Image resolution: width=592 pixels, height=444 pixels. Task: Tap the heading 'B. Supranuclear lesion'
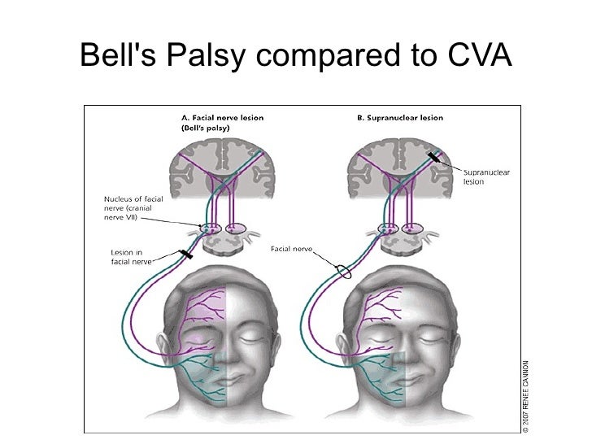coord(401,117)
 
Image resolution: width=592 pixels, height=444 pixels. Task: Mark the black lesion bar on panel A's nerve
coord(186,255)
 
